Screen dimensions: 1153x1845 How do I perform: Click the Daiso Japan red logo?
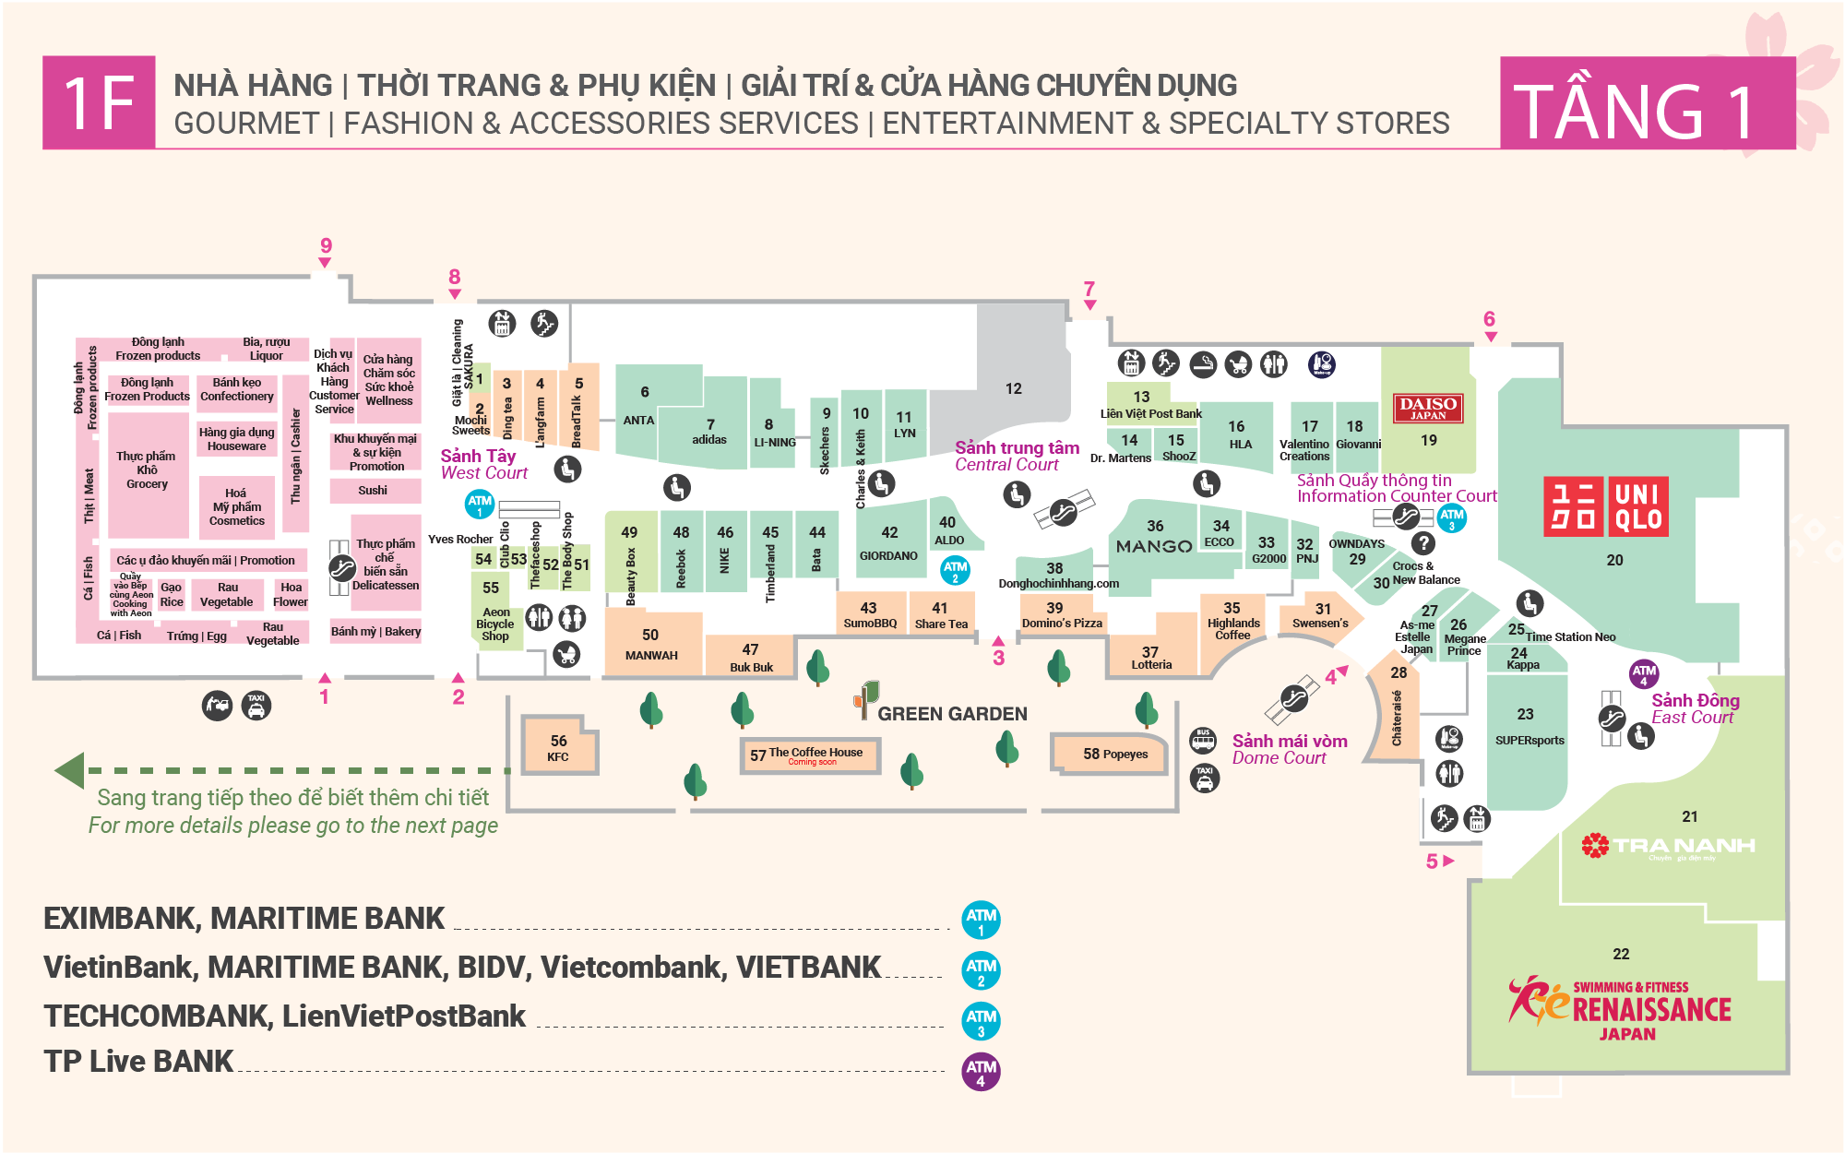1427,408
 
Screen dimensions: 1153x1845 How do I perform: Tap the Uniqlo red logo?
1605,506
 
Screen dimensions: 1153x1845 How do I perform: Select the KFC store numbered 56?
559,747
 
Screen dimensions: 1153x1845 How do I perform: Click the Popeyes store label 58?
1114,754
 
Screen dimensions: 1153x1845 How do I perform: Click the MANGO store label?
1154,545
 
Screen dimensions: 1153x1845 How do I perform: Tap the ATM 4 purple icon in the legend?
981,1071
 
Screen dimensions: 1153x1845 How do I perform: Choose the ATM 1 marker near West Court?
480,505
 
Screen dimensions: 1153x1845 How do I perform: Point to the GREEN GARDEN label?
951,713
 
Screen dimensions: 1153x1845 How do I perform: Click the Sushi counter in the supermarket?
373,491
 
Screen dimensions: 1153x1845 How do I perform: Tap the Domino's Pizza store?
1061,615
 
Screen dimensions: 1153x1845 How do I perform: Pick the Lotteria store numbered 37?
1150,657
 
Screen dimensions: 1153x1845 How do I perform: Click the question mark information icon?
1423,543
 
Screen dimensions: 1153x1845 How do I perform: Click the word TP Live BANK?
138,1062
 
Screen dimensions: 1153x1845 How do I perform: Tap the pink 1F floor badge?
99,102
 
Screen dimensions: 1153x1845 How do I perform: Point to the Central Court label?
1016,456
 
